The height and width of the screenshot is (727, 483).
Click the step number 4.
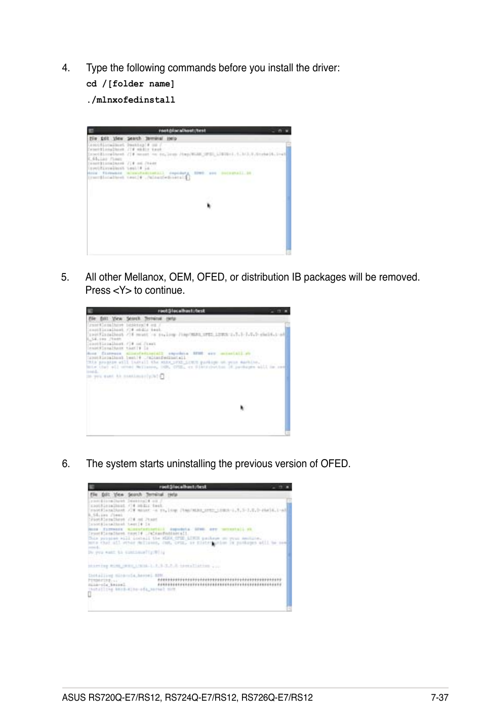point(65,68)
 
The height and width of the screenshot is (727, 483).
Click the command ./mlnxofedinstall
point(131,100)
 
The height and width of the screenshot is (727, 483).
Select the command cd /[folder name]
point(130,84)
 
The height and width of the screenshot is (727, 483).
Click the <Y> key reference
point(122,291)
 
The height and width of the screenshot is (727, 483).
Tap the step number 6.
point(65,464)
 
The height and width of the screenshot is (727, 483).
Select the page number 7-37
point(439,698)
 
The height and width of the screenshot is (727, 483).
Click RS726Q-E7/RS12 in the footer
point(277,698)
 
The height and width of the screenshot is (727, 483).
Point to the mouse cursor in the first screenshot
point(209,206)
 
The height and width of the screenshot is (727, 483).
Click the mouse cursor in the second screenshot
point(242,407)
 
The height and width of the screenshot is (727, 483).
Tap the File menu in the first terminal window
point(93,139)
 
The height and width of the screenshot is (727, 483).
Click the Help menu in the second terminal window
point(171,319)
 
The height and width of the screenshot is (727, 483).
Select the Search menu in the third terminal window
point(135,495)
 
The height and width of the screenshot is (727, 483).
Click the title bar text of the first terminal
point(182,130)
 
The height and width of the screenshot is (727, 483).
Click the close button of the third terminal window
point(288,487)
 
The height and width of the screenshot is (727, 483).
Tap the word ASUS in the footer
point(74,698)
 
